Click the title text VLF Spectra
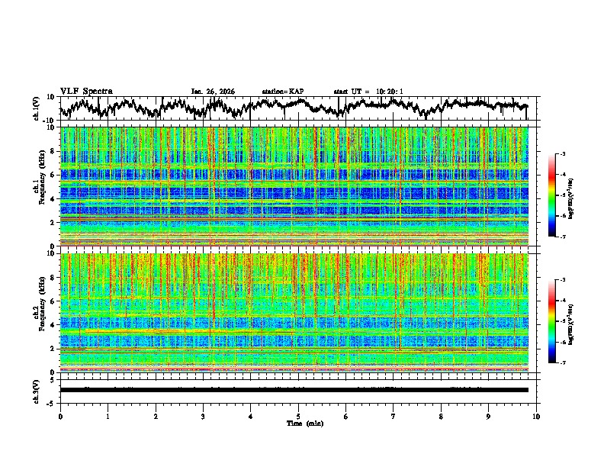[x=86, y=91]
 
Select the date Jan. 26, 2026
[x=213, y=92]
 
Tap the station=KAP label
[x=283, y=92]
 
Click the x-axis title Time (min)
[x=304, y=423]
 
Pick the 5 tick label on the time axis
[x=298, y=417]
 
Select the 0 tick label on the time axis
[x=60, y=417]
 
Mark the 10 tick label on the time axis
[x=537, y=417]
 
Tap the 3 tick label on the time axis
[x=203, y=417]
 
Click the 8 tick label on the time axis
[x=442, y=417]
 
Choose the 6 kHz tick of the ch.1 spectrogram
[x=53, y=175]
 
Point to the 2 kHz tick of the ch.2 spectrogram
[x=53, y=349]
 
